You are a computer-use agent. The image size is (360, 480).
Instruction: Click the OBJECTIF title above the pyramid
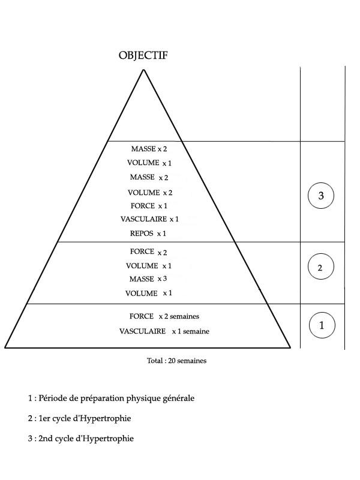pos(143,55)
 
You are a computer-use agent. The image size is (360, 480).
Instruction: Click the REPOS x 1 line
pos(148,233)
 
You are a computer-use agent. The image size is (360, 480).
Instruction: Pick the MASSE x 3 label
pos(148,279)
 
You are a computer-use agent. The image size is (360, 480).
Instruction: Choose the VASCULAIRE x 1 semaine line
pos(164,331)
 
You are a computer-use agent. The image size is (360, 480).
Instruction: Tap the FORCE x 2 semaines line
pos(164,316)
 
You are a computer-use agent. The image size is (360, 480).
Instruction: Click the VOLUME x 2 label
pos(150,193)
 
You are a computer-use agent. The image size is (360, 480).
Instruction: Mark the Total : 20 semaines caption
pos(176,361)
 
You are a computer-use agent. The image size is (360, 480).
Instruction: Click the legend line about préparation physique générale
pos(111,398)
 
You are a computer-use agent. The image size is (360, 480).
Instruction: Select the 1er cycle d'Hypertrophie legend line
pos(80,418)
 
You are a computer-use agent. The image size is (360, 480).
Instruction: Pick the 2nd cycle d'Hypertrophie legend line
pos(81,439)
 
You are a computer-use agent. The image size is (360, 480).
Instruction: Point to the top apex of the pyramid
pos(143,70)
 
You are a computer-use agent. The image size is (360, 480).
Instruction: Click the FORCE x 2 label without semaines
pos(148,251)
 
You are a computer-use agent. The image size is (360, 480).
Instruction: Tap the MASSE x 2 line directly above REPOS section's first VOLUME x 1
pos(149,149)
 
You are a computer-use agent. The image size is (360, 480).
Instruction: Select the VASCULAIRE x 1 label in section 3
pos(149,219)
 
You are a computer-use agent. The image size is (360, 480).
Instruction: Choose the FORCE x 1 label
pos(149,206)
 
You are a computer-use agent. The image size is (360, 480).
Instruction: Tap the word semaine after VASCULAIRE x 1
pos(196,331)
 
